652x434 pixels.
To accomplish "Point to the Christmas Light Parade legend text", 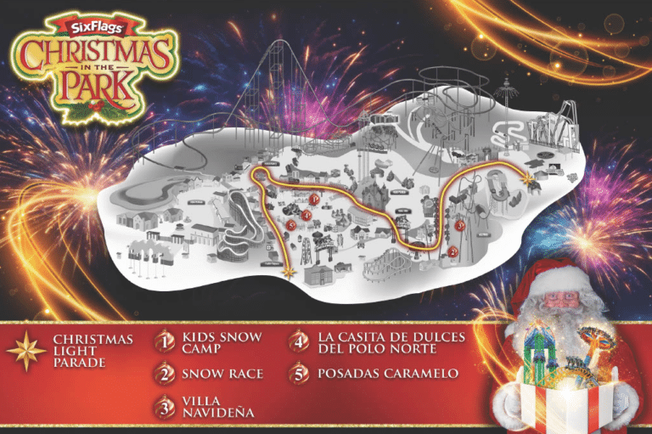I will coord(93,351).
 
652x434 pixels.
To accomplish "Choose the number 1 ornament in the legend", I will coord(164,341).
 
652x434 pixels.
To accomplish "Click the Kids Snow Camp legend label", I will coord(222,343).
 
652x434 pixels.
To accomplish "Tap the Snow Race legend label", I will coord(222,374).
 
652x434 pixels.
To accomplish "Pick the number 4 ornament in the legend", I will coord(299,341).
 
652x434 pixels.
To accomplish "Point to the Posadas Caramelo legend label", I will coord(387,374).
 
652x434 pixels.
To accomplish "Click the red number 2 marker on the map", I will coord(453,251).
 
